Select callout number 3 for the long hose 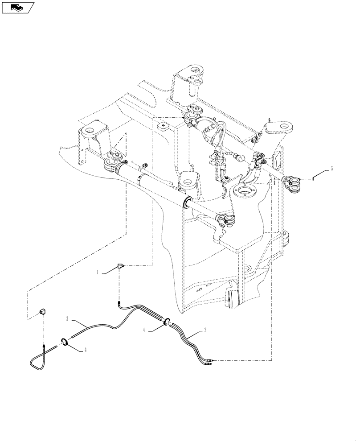pos(67,319)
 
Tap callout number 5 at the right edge pos(331,169)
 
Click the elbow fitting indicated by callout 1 pos(121,266)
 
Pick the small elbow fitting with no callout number pos(44,311)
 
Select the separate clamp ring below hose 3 pos(63,342)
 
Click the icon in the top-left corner pos(18,7)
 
